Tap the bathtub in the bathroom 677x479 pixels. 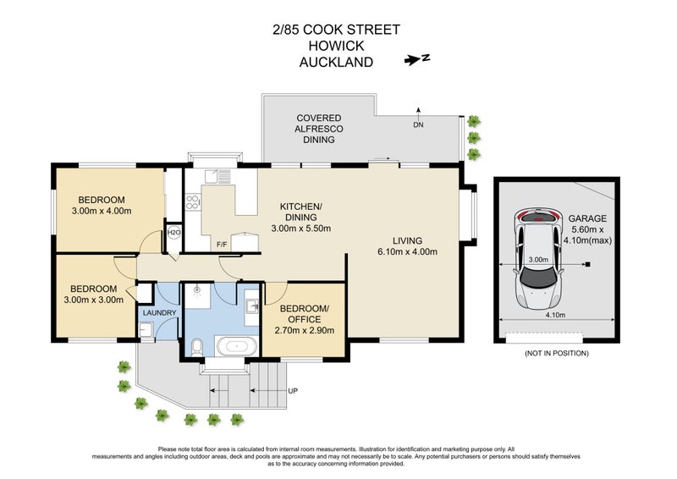(x=235, y=346)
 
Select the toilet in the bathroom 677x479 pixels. (x=195, y=345)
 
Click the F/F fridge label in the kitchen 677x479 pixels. (x=222, y=245)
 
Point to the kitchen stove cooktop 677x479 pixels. (x=192, y=201)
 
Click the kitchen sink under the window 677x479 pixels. (x=223, y=177)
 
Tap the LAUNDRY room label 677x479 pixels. (x=159, y=313)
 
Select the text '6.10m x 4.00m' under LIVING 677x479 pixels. (x=408, y=251)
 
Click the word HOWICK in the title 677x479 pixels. (x=336, y=46)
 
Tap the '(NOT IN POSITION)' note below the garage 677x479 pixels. (x=555, y=352)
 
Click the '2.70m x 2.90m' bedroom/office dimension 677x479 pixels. (x=305, y=330)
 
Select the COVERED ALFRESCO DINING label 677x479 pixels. (x=318, y=129)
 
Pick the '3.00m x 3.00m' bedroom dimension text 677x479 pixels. (x=92, y=299)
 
